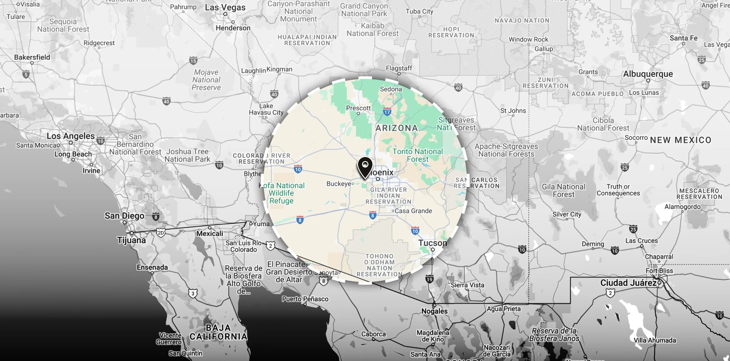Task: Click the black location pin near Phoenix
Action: tap(365, 167)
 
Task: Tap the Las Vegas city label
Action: tap(225, 8)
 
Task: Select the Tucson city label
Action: tap(433, 243)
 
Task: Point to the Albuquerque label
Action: tap(648, 74)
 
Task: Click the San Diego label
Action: tap(124, 216)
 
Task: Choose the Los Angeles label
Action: tap(71, 136)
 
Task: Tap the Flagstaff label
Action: tap(399, 68)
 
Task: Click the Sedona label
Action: tap(391, 89)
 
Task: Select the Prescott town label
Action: tap(358, 108)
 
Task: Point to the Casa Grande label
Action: tap(413, 211)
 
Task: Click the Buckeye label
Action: tap(339, 184)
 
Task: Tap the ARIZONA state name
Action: tap(396, 128)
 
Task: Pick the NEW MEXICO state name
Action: tap(680, 140)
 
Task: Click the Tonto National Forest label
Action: tap(418, 155)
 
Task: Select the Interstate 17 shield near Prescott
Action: tap(387, 111)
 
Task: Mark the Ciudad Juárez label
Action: tap(628, 283)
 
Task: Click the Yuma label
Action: tap(261, 224)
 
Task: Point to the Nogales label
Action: tap(434, 311)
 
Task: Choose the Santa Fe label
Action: tap(683, 38)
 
